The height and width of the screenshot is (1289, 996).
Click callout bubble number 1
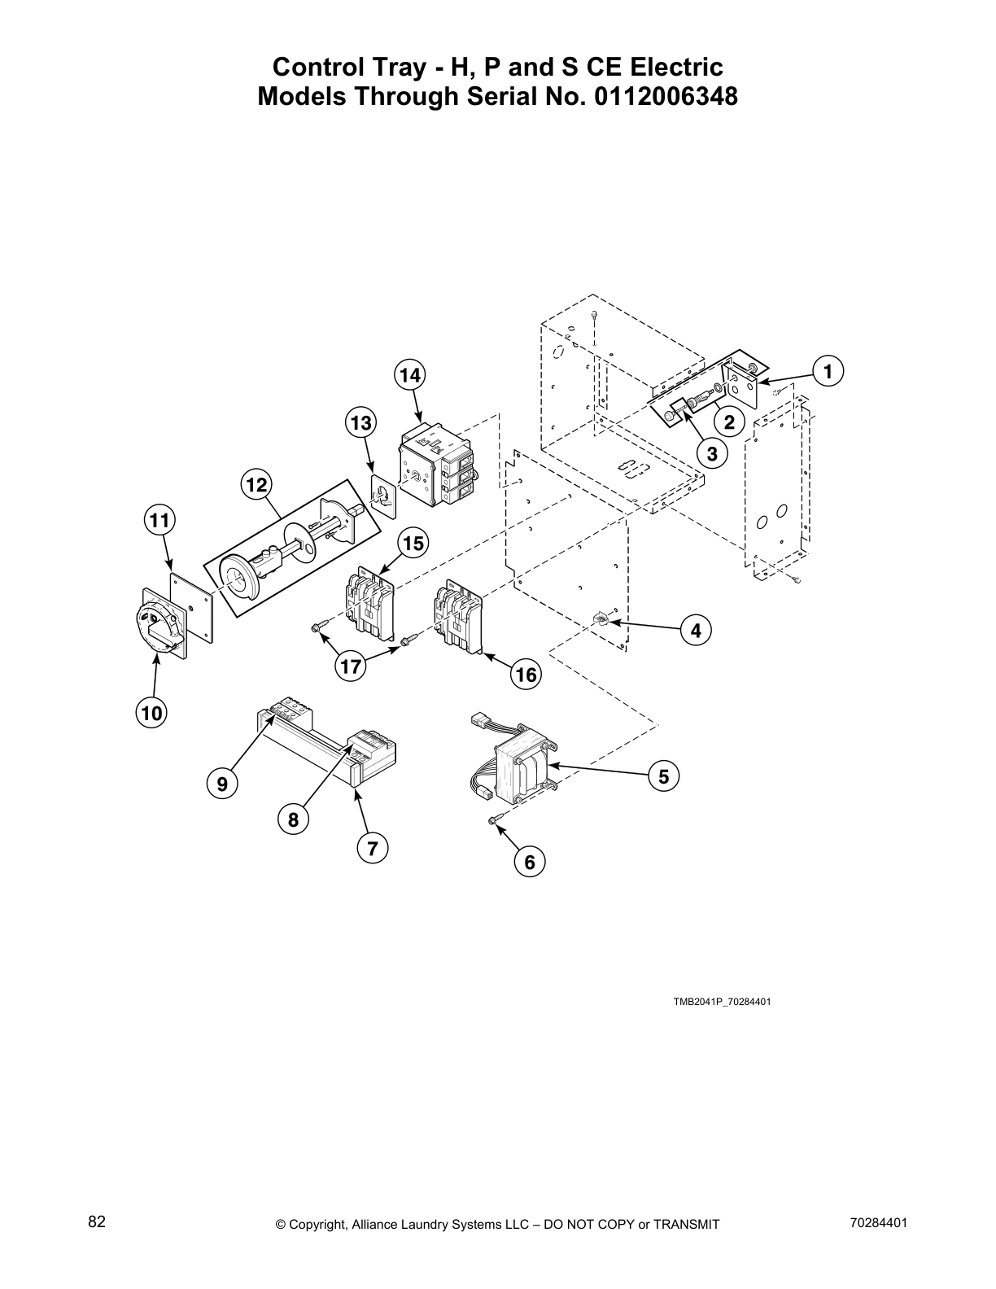(x=828, y=371)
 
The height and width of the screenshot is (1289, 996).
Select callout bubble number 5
(x=663, y=776)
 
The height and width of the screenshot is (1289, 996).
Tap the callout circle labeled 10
(x=151, y=714)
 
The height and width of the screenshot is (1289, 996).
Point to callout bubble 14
(x=410, y=375)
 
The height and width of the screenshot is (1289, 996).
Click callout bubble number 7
(x=372, y=849)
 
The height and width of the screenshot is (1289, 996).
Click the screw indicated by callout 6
(x=494, y=821)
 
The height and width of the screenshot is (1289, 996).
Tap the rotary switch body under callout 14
(x=435, y=470)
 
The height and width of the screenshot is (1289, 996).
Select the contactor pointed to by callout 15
(x=368, y=605)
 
